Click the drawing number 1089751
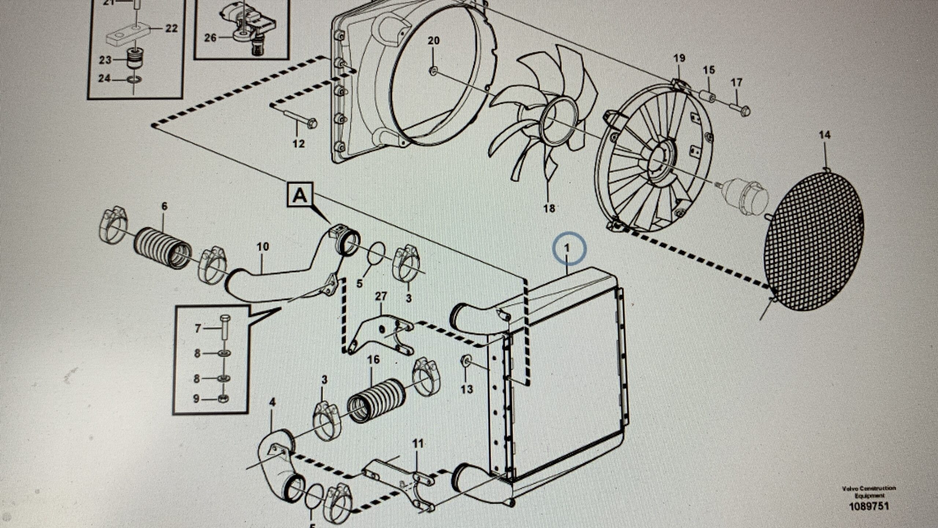(869, 506)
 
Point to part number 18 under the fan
(549, 208)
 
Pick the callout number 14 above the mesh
(824, 135)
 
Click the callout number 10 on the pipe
(263, 246)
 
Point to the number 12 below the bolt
(298, 143)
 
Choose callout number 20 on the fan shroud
(433, 41)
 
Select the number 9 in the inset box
(196, 399)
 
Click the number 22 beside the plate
(171, 28)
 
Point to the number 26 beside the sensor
(210, 37)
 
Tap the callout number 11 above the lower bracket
(417, 444)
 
